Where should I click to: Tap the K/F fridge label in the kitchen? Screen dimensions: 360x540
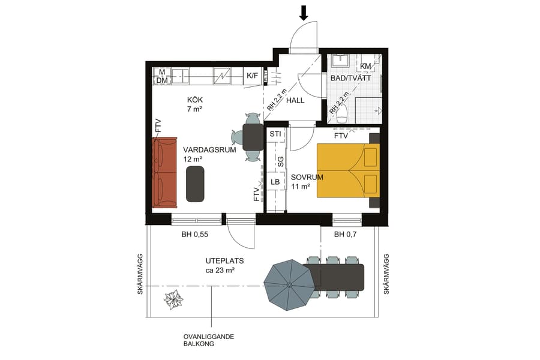click(253, 76)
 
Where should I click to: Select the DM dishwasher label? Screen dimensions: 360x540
click(162, 80)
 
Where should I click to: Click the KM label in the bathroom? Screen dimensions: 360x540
click(365, 66)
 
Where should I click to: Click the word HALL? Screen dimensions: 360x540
click(295, 100)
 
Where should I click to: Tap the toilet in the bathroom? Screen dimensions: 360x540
click(341, 113)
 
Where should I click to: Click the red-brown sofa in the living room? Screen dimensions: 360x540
click(164, 172)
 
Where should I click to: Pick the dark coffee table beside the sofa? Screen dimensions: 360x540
click(196, 184)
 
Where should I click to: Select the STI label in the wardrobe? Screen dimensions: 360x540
click(275, 133)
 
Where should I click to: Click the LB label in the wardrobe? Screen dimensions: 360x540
click(275, 182)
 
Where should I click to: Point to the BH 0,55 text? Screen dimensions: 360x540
click(195, 235)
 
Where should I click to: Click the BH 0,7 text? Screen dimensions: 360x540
click(346, 235)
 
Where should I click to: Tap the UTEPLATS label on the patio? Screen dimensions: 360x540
click(219, 261)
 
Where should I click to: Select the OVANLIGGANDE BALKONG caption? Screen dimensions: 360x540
click(209, 341)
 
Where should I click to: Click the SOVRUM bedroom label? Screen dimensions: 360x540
click(307, 178)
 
